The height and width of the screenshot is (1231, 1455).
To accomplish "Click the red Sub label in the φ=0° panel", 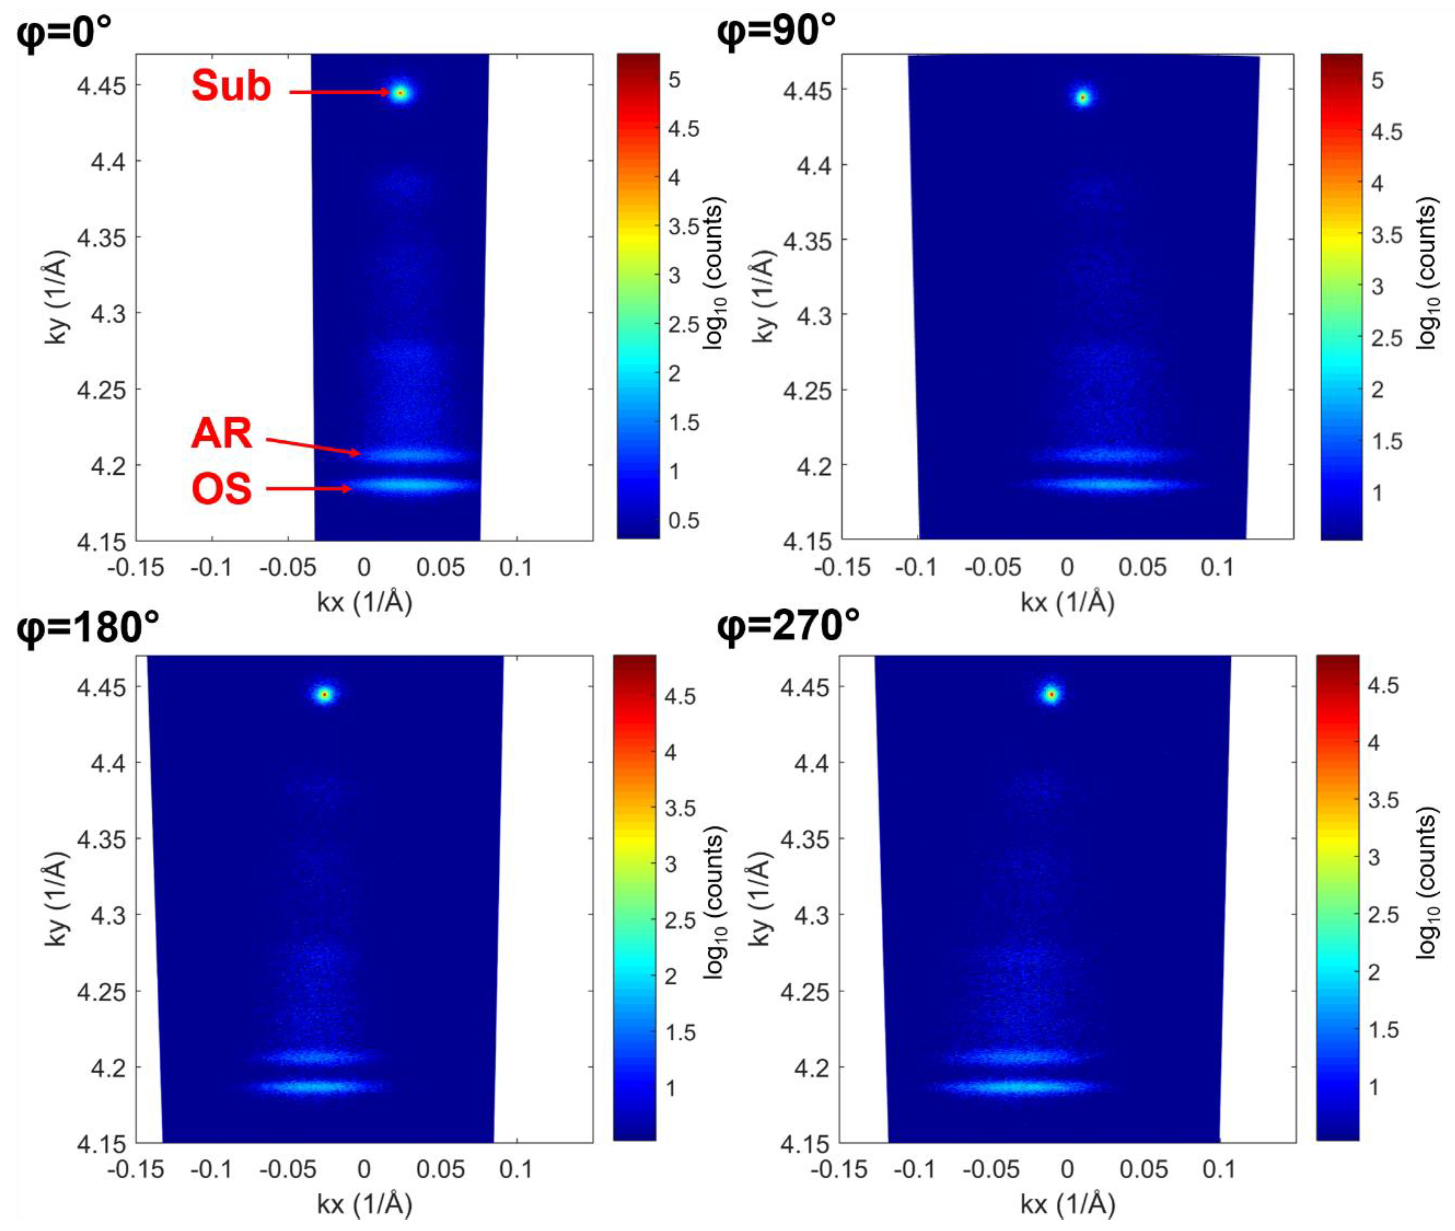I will pos(231,87).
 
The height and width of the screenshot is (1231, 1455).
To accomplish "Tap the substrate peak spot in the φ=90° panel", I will pos(1082,98).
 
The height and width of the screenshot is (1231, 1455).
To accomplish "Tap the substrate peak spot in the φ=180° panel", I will pos(325,695).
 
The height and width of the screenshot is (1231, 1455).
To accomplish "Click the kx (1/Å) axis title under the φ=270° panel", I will pos(1068,1204).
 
